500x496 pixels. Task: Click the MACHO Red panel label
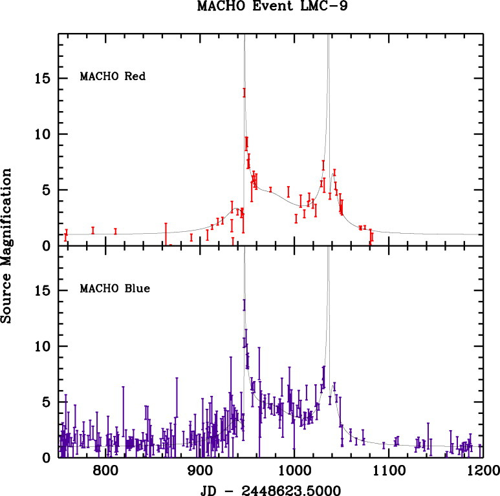[x=112, y=76]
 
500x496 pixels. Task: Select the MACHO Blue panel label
[x=114, y=288]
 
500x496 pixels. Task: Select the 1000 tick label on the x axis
[x=294, y=470]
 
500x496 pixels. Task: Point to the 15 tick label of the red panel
[x=42, y=79]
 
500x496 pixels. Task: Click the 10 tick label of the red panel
[x=42, y=134]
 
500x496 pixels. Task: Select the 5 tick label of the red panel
[x=47, y=191]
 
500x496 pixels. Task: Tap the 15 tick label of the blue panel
[x=42, y=291]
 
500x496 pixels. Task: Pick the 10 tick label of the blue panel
[x=42, y=347]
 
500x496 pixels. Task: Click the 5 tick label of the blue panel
[x=47, y=402]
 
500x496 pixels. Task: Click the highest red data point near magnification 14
[x=245, y=92]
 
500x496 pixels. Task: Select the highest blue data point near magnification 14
[x=244, y=305]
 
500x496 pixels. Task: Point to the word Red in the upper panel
[x=136, y=76]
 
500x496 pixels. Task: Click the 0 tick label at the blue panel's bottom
[x=47, y=458]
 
